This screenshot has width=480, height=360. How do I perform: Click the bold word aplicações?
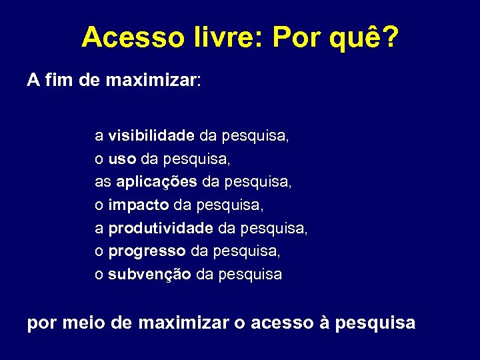[157, 182]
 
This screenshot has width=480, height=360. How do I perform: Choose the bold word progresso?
[147, 251]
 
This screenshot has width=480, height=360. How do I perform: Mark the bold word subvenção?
[150, 274]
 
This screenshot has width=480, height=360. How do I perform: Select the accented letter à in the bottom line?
[325, 323]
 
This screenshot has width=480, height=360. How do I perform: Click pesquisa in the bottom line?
[375, 325]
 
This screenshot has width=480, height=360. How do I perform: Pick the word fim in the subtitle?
[57, 81]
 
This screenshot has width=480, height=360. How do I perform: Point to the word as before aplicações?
[103, 182]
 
